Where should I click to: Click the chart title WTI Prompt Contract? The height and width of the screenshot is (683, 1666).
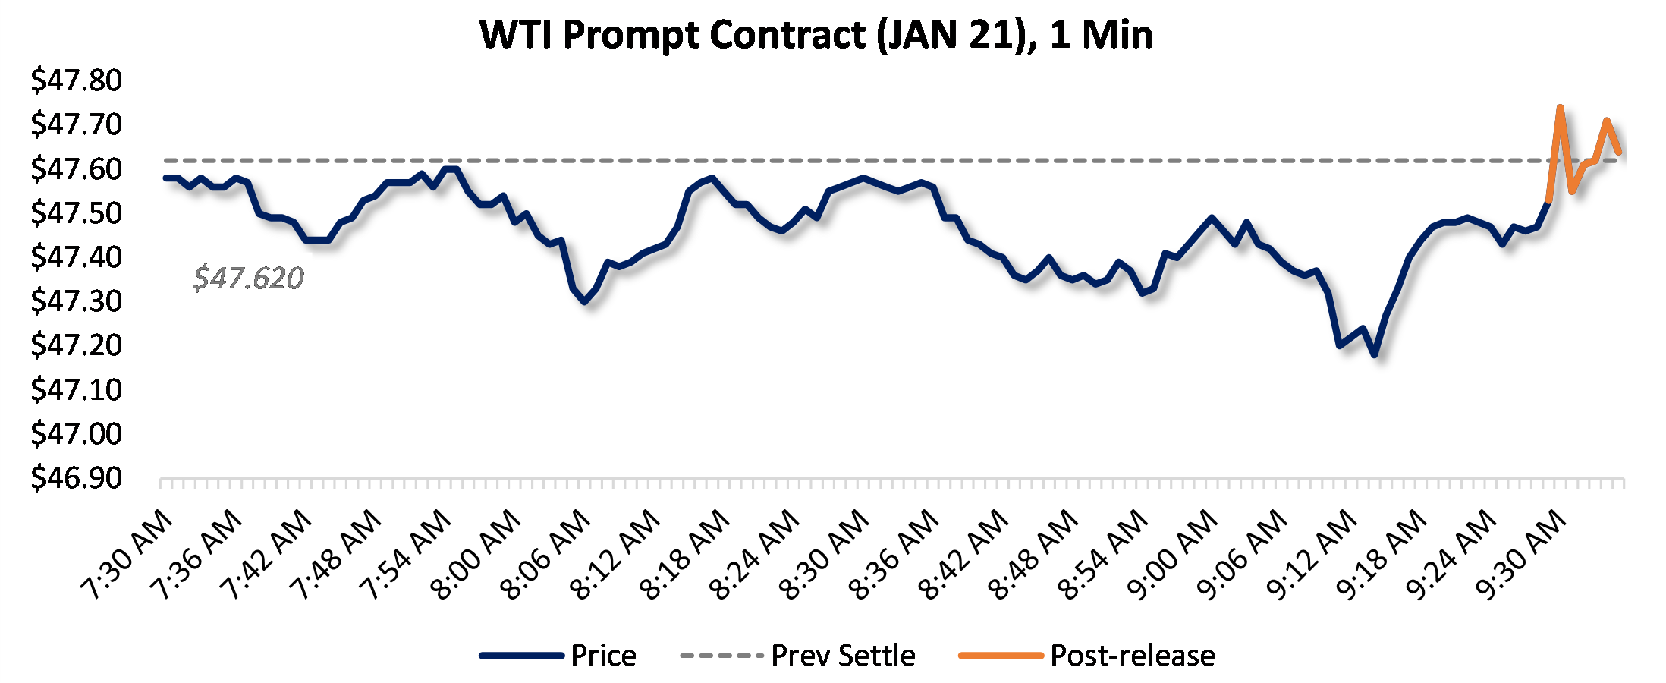[x=816, y=35]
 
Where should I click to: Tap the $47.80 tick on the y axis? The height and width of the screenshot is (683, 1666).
[x=76, y=80]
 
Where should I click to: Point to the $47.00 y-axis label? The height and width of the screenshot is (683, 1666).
[x=76, y=434]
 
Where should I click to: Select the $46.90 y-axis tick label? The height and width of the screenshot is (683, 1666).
[x=76, y=478]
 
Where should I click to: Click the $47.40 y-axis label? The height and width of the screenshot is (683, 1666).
[x=76, y=257]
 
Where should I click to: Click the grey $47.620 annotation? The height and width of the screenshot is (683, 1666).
[x=248, y=279]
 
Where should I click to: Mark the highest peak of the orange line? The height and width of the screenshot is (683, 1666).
[x=1560, y=108]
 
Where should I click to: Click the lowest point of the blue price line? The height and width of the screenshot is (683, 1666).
[x=1375, y=354]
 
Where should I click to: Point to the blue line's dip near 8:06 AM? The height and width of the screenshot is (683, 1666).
[x=584, y=301]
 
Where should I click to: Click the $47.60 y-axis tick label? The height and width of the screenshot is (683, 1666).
[x=76, y=168]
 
